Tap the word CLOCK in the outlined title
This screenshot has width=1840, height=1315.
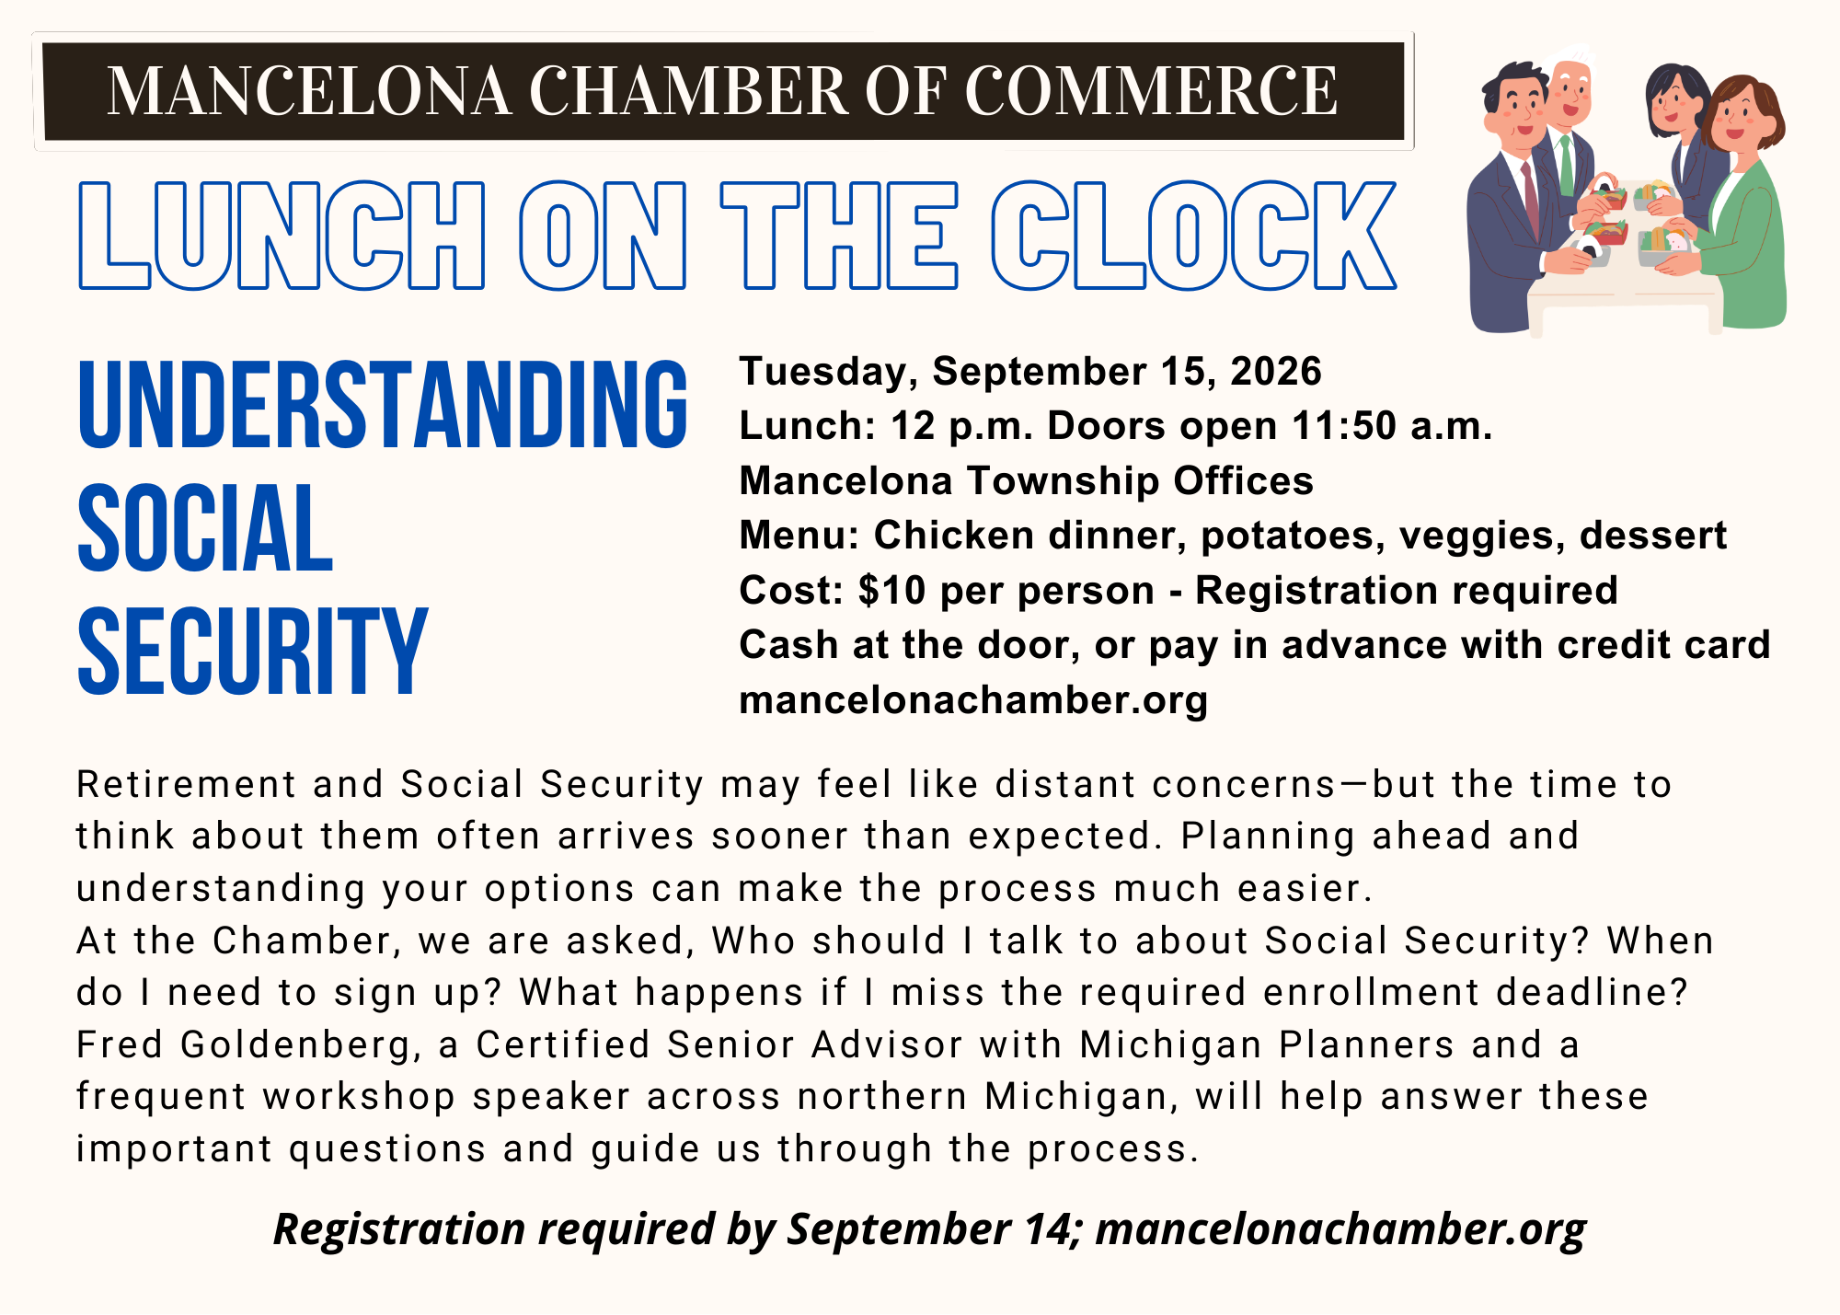1194,236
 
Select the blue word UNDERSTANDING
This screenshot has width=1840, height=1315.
383,405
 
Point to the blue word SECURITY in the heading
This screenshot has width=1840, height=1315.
252,651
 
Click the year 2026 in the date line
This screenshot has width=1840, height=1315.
1275,371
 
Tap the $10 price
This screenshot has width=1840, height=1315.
891,590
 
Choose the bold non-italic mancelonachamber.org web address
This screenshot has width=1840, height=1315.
973,700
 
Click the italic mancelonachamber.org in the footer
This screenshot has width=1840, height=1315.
1341,1229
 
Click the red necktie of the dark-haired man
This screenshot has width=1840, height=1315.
1530,199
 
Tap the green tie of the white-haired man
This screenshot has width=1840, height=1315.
1566,164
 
